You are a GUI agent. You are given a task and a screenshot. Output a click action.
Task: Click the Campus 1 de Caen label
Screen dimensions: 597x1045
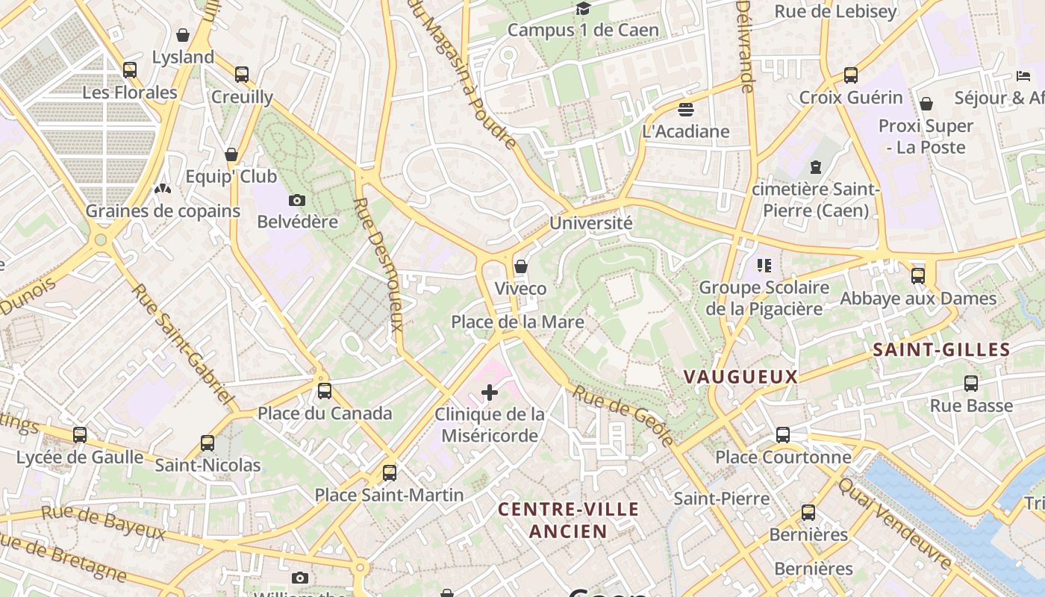point(583,30)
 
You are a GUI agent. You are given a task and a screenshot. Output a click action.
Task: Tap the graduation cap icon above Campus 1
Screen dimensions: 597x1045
point(583,8)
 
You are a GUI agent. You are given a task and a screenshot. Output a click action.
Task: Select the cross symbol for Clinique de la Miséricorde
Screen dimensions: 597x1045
point(490,392)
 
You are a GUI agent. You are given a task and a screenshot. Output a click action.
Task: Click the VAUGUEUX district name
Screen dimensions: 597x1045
point(740,377)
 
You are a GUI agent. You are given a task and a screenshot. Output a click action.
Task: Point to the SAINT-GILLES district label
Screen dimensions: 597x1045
point(941,349)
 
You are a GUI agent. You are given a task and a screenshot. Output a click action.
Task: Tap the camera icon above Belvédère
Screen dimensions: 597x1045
point(297,200)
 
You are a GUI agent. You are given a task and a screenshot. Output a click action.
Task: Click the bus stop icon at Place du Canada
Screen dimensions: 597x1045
point(325,391)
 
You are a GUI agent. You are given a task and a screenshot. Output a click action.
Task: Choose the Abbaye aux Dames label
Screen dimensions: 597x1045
point(918,298)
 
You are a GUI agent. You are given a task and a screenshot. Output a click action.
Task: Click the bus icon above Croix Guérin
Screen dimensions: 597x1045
point(851,75)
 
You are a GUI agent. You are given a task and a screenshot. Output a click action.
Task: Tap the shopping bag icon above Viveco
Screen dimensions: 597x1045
point(521,266)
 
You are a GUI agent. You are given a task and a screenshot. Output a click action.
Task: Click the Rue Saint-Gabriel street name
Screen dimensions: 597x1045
point(183,344)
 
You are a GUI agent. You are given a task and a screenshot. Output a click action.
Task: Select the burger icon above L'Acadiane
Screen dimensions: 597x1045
point(686,110)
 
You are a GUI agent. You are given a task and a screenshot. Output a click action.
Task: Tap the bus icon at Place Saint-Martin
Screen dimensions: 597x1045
point(389,472)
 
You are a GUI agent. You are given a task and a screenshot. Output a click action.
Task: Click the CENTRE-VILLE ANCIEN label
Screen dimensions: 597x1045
point(568,520)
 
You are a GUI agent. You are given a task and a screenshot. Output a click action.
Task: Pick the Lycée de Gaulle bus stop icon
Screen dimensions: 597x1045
point(80,434)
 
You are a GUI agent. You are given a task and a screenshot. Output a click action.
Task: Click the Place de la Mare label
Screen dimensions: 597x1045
point(517,322)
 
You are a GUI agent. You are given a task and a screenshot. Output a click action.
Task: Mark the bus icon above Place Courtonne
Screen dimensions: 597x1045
point(783,434)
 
